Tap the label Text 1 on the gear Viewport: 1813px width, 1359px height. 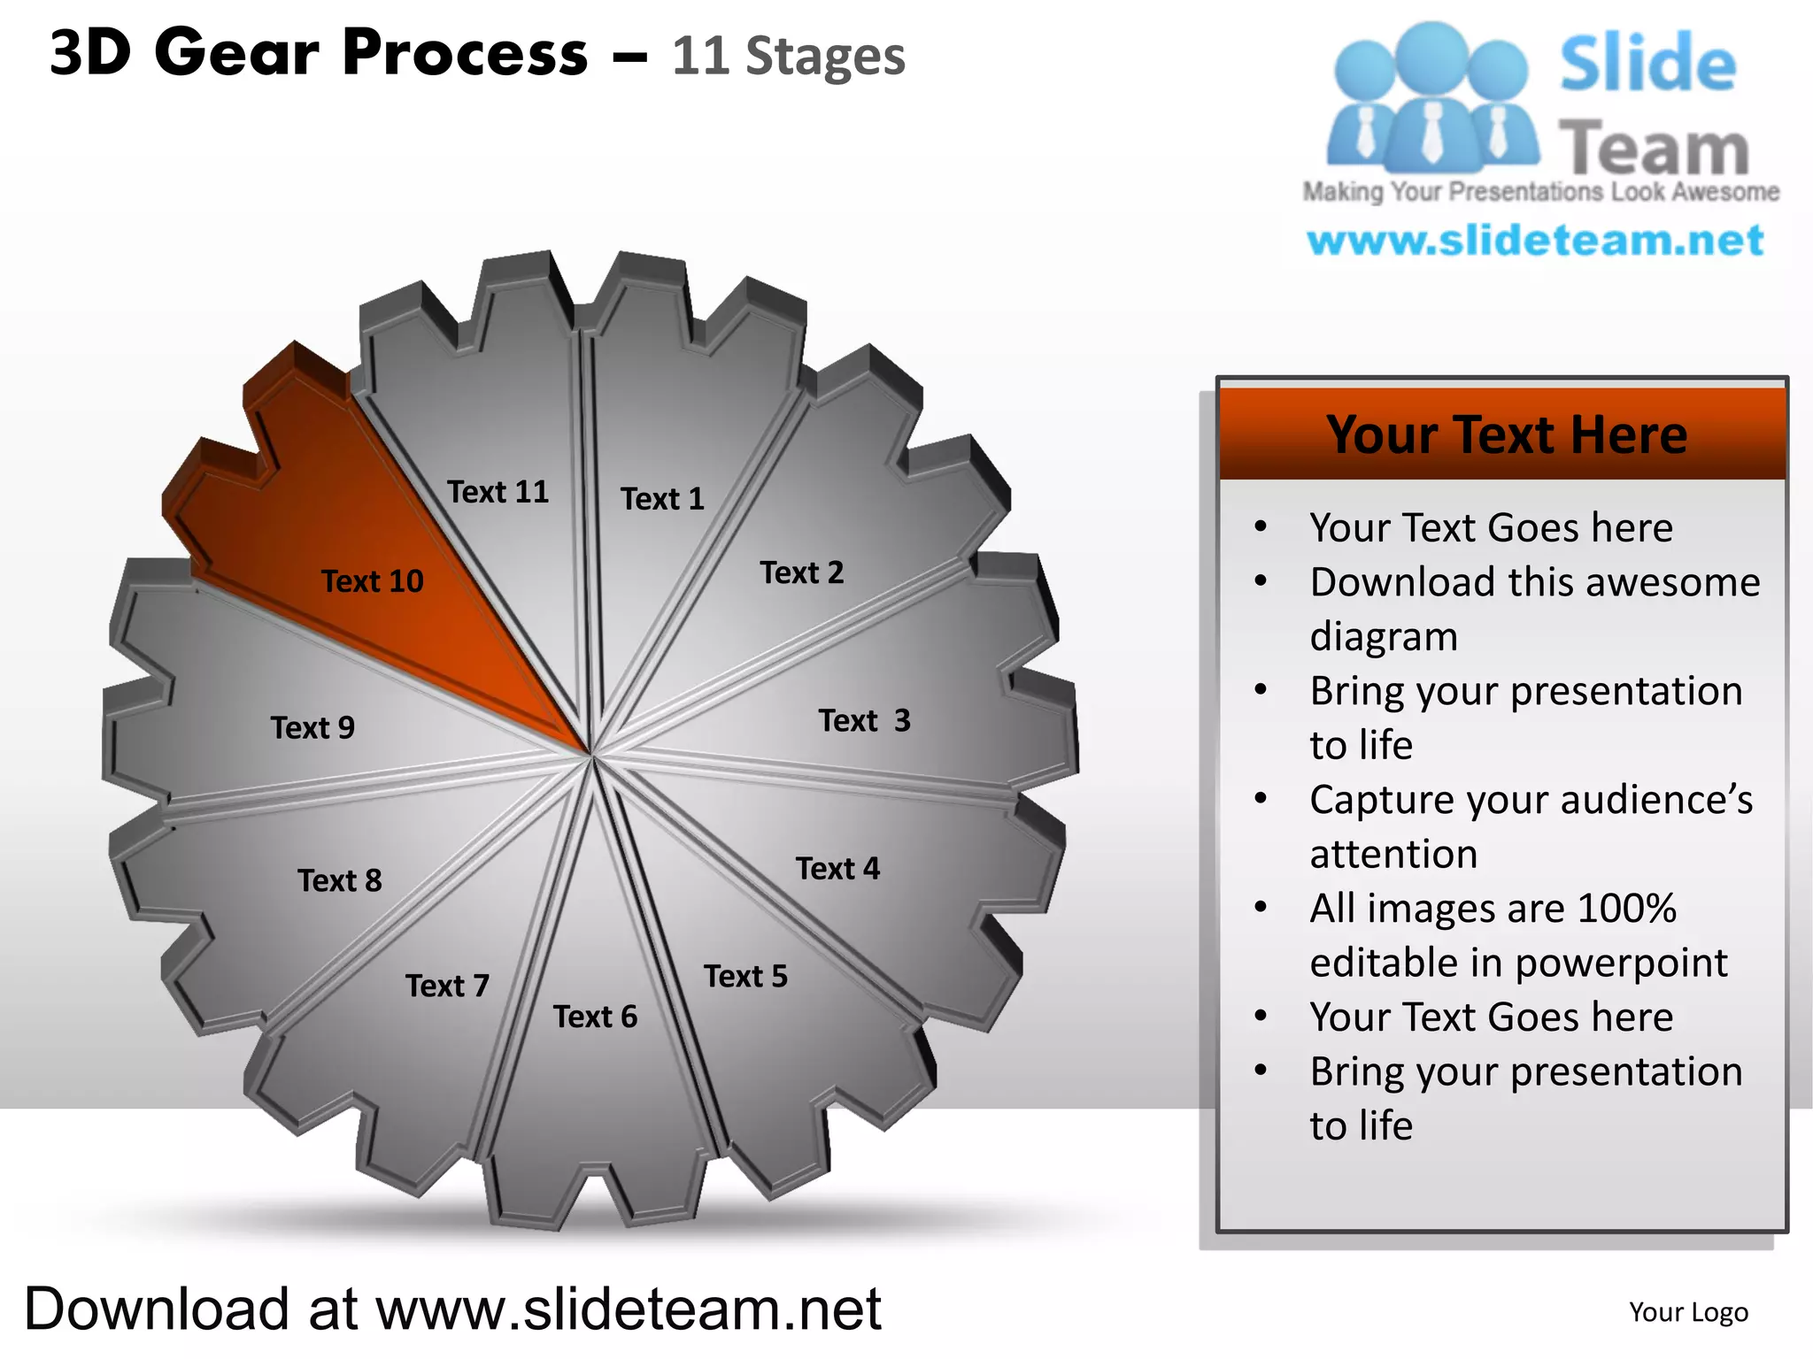(x=662, y=499)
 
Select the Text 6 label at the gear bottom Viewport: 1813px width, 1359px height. (x=595, y=1017)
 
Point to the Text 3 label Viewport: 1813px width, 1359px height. (x=864, y=720)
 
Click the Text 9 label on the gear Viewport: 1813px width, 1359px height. (x=312, y=727)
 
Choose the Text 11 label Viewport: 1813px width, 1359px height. (x=498, y=492)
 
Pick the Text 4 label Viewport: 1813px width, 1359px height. (x=837, y=868)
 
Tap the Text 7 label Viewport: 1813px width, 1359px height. (x=447, y=985)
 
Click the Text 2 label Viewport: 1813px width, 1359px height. (x=802, y=572)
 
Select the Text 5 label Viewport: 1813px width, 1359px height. (x=745, y=976)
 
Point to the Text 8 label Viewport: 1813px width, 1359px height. (x=340, y=880)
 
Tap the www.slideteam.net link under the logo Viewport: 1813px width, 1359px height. (x=1535, y=241)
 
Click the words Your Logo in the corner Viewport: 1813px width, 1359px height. (x=1688, y=1312)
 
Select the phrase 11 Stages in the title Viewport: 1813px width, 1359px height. (x=788, y=56)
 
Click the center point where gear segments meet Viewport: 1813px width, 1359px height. (x=590, y=755)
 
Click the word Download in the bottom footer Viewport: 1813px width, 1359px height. (x=157, y=1309)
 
